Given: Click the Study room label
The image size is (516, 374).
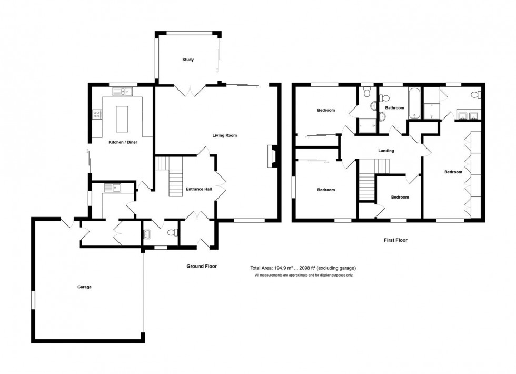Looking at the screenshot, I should coord(188,60).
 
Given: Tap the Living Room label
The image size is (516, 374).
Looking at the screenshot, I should coord(225,135).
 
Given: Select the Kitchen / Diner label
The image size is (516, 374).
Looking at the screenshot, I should coord(123,142).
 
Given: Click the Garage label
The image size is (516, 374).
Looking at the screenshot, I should coord(84,287).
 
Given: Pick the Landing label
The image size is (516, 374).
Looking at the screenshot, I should coord(386,151).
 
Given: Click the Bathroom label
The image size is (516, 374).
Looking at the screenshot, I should coord(394,108).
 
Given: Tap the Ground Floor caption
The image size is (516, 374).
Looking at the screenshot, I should coord(202,267).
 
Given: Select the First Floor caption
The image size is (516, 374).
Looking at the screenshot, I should coord(395,240).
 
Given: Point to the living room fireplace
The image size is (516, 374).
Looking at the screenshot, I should coord(271,156).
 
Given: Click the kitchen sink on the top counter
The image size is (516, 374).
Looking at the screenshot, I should coord(125,92).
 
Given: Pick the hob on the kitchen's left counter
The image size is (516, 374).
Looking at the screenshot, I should coord(97,113).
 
